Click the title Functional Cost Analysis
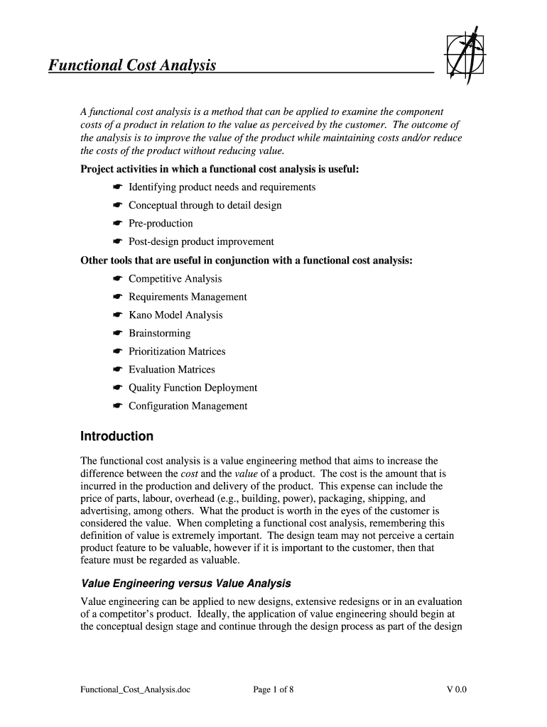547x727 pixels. (132, 66)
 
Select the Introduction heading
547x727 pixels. (117, 436)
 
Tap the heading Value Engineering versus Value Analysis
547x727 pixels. (185, 584)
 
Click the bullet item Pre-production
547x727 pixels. (161, 224)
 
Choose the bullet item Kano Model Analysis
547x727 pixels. (175, 315)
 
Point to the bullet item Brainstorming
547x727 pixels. (159, 334)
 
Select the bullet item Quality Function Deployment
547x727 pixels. (193, 388)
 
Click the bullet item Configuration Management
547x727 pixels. (188, 406)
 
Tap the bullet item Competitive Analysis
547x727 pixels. (175, 279)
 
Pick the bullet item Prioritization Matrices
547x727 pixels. (177, 351)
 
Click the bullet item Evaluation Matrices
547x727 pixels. (171, 369)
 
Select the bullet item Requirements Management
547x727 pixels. (188, 297)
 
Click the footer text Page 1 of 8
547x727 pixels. (273, 689)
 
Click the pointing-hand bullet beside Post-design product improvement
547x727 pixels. (118, 242)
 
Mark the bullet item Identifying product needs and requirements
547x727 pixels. (222, 187)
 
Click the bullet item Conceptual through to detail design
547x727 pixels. (205, 205)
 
